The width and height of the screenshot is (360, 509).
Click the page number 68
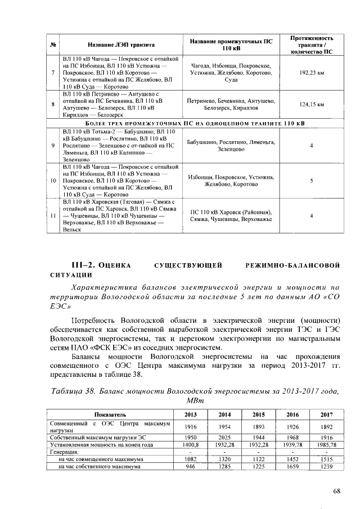[336, 490]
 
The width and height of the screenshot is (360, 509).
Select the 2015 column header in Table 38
[258, 415]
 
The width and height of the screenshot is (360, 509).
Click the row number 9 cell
[53, 145]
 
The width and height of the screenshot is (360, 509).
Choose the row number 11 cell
[53, 215]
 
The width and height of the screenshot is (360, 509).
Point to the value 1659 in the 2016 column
[292, 466]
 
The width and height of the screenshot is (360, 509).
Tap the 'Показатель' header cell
[110, 415]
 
